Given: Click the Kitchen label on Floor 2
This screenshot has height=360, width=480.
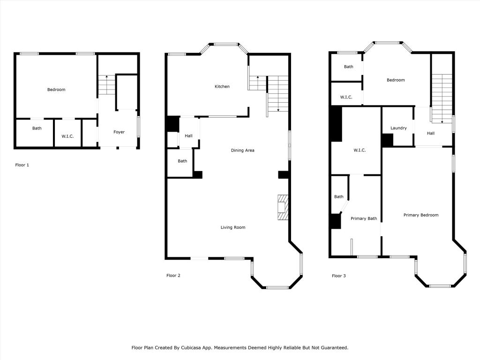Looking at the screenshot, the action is tap(222, 87).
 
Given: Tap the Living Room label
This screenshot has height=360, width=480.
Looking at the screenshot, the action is tap(233, 227).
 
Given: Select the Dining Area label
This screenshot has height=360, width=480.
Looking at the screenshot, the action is tap(242, 150).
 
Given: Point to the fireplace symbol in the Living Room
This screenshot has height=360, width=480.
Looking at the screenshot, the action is tap(283, 207).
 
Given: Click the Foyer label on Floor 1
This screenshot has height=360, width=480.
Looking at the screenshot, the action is tap(119, 132).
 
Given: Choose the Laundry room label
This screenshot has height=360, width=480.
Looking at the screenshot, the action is tap(398, 128).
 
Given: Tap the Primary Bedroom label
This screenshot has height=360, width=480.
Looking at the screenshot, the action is tap(421, 215).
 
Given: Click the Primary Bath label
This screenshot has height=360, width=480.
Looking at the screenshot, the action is tap(364, 218).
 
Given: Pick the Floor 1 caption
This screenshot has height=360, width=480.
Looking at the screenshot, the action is tap(22, 165).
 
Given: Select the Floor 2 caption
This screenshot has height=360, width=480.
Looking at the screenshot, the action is tap(173, 276).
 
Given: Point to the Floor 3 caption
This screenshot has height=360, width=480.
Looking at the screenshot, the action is tap(339, 276).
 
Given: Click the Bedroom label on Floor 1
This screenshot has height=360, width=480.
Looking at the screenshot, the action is tap(56, 90).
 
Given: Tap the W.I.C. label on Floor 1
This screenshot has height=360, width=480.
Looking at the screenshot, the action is tap(67, 136).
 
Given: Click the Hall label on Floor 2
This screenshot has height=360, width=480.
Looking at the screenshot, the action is tap(188, 136).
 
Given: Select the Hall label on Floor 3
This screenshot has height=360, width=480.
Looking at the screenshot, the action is tap(431, 133).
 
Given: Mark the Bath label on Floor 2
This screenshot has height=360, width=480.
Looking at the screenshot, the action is tap(182, 161).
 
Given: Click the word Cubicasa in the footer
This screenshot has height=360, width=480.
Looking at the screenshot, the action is tap(192, 348).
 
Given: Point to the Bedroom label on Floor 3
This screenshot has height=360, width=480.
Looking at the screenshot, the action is tap(396, 80).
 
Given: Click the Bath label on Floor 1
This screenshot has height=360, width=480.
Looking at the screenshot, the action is tap(37, 128).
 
